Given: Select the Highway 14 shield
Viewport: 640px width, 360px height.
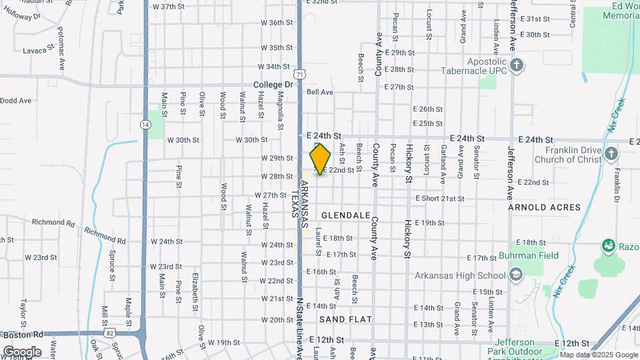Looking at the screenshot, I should coord(145,125).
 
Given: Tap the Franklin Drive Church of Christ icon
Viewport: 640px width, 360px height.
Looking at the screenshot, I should coord(611,155).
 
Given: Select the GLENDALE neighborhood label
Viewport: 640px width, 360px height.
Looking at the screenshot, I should coord(345,215).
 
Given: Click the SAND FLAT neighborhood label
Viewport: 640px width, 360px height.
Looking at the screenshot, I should coord(349,319).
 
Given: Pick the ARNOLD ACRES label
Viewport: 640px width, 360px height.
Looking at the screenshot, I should coord(545,207).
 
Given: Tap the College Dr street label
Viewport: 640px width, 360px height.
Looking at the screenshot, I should coord(273,85).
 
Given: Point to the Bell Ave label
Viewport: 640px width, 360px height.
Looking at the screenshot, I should coord(319,92).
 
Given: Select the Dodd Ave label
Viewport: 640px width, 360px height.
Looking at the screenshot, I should coord(16,101).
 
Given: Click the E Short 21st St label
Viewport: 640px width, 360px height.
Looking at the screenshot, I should coord(440,199).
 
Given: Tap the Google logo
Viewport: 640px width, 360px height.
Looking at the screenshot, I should coord(21,351).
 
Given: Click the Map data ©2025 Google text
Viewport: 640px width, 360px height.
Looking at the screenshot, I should coord(599,355).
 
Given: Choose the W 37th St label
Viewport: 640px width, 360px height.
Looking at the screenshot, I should coord(168,7).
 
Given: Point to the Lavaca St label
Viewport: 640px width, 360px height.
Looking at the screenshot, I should coord(38,49).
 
